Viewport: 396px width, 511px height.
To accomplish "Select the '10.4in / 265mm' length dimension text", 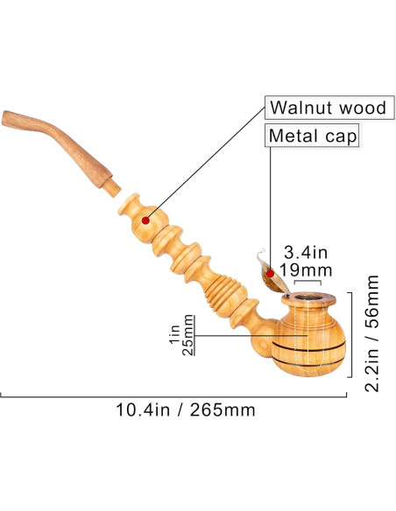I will click(x=186, y=409).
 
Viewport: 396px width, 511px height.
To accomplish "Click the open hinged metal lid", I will click(x=264, y=272).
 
